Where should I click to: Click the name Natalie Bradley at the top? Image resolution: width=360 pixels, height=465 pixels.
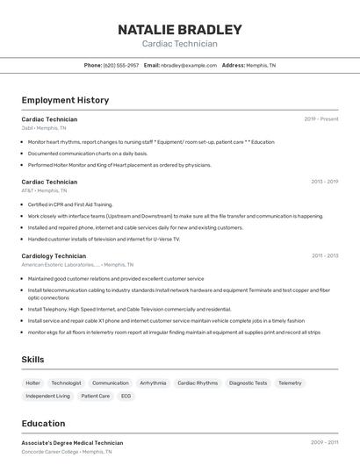[179, 30]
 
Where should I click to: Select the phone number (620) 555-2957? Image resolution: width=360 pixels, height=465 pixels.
[121, 65]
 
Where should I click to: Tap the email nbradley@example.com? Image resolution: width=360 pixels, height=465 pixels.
[188, 65]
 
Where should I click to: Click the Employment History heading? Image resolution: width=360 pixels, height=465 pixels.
[65, 100]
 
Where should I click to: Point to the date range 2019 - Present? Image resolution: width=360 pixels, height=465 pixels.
[320, 118]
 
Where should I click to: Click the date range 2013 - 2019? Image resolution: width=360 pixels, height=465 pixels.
[324, 182]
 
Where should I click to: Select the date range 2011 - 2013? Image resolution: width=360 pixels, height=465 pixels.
[324, 255]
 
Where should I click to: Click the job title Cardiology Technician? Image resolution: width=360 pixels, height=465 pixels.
[54, 255]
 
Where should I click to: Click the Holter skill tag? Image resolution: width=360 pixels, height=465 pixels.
[32, 383]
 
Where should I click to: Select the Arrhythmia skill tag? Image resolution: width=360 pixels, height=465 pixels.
[153, 383]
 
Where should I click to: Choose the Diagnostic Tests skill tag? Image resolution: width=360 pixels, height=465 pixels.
[248, 383]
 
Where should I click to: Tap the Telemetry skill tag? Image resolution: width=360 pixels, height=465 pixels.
[290, 383]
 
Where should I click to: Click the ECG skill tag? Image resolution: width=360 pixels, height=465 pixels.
[126, 396]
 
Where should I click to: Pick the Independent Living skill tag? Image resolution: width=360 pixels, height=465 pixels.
[47, 396]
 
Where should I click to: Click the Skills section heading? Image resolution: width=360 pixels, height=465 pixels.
[33, 360]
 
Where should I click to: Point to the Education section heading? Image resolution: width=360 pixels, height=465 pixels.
[43, 423]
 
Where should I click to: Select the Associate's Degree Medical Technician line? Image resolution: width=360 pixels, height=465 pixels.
[72, 443]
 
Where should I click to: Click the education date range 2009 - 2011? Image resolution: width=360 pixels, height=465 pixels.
[324, 443]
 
